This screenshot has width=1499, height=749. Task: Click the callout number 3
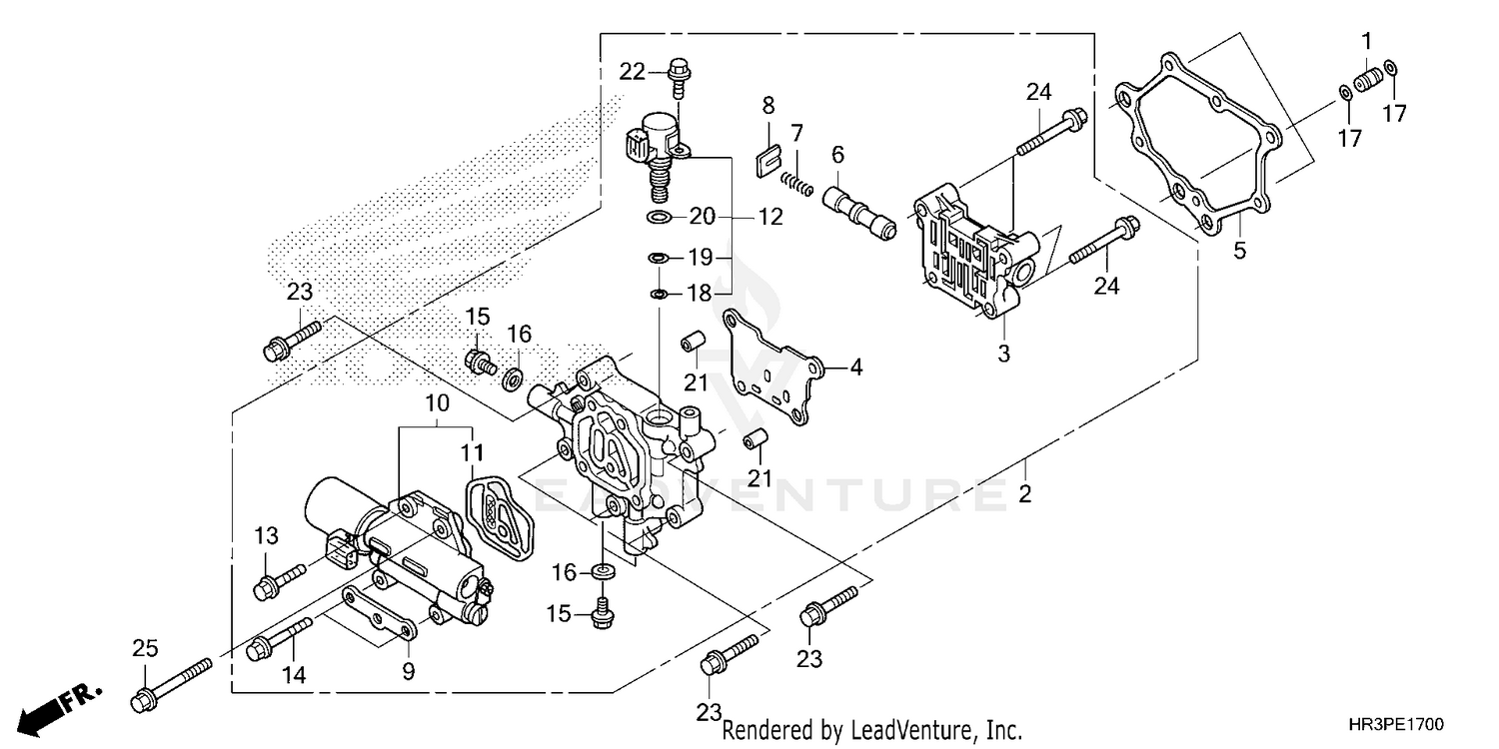point(1003,353)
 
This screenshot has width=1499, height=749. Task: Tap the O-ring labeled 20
point(659,217)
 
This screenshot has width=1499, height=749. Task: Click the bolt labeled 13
point(279,579)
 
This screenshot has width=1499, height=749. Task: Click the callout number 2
point(1024,493)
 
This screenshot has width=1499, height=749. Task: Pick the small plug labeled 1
point(1367,78)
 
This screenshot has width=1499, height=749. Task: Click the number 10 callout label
point(437,404)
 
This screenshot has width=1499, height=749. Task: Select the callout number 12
point(769,217)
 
